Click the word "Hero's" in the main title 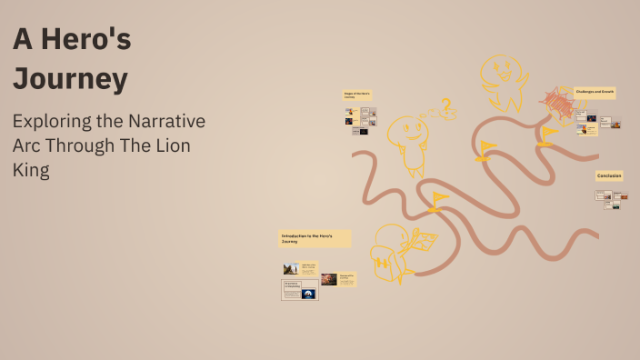93,41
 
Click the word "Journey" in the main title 70,79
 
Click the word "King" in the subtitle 31,170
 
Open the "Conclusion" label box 609,175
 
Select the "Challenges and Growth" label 595,92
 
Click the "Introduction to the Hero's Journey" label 314,238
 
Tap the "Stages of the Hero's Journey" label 357,95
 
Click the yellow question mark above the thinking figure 445,107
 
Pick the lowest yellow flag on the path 439,199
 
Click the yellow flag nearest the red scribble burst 547,134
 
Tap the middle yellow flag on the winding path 487,147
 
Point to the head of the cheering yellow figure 501,71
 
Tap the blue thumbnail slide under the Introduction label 309,294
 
